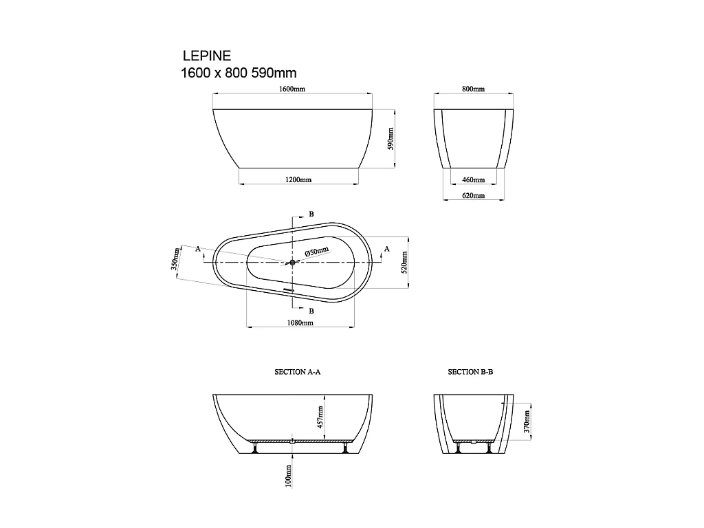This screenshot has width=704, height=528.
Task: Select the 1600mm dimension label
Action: [292, 89]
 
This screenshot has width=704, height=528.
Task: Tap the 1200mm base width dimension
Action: [298, 180]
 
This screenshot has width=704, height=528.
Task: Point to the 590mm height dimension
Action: [390, 138]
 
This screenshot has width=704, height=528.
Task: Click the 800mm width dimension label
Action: [473, 89]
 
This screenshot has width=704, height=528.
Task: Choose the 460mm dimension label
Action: [473, 180]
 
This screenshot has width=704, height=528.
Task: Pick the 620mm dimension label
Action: [473, 196]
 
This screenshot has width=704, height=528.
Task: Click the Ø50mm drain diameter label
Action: [317, 252]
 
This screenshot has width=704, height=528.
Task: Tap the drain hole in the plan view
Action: [292, 262]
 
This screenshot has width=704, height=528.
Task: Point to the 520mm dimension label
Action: [404, 261]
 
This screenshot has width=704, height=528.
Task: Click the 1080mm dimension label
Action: [300, 322]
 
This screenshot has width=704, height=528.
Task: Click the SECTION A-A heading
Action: [298, 372]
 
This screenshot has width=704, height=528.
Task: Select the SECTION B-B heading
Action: [471, 372]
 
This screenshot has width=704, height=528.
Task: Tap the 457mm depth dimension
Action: [320, 417]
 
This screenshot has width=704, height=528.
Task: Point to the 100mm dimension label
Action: [289, 475]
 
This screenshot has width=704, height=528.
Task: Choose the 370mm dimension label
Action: [527, 420]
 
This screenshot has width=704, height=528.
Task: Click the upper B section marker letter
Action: [311, 214]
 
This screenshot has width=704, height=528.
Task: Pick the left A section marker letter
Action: [198, 248]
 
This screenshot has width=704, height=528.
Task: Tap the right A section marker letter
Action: [386, 248]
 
